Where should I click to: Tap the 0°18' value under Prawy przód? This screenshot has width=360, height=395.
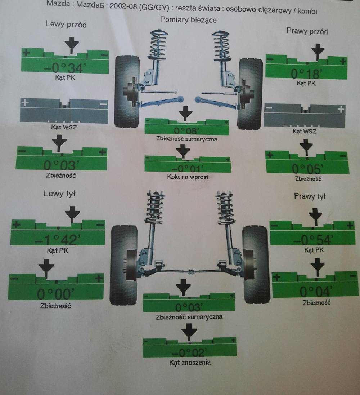point(306,74)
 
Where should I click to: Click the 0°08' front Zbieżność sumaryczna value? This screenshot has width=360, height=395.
point(186,130)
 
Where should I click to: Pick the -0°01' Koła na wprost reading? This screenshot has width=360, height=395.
point(187,168)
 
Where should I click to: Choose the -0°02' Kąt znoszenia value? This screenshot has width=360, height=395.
point(189,352)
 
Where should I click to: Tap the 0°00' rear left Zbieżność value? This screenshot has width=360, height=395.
point(56,294)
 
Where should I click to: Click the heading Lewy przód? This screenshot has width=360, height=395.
point(66,25)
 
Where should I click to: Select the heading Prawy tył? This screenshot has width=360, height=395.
point(310,196)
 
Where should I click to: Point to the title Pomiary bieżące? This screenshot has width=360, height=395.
point(188,20)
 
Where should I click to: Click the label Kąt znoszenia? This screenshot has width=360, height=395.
point(190,363)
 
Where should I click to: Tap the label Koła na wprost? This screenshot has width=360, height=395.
point(188,177)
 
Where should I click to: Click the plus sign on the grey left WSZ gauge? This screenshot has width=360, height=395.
point(25,103)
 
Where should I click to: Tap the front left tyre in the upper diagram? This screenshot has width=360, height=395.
point(127,92)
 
